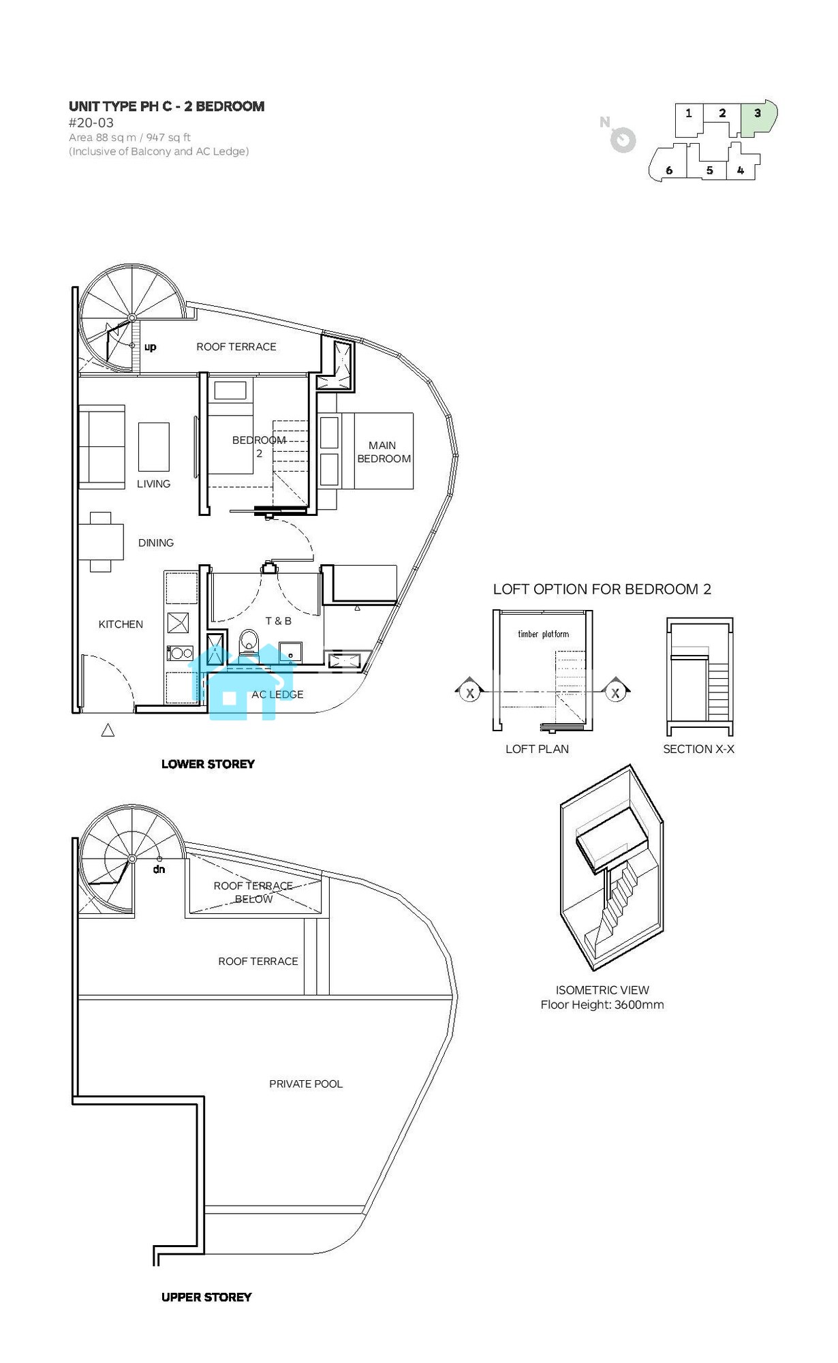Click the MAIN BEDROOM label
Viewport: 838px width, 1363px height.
384,452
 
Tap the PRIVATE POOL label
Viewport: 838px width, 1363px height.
306,1084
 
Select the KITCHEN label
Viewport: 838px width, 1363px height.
121,624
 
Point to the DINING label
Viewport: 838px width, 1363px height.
156,542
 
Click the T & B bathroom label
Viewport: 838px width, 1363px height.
279,621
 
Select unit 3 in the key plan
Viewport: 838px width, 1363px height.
758,119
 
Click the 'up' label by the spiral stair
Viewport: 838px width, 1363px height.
151,347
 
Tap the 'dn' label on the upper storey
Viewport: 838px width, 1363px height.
159,870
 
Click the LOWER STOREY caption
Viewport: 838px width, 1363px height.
208,764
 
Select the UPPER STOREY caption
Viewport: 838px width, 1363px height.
206,1297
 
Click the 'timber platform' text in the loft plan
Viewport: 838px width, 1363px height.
543,634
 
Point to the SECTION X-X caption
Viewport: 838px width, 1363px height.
699,749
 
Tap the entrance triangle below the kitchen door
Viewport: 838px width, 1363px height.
108,731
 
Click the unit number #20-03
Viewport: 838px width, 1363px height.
91,123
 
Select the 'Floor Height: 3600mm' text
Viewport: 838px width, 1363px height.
602,1005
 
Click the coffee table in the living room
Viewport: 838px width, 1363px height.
154,447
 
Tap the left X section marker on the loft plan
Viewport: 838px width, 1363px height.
469,691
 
